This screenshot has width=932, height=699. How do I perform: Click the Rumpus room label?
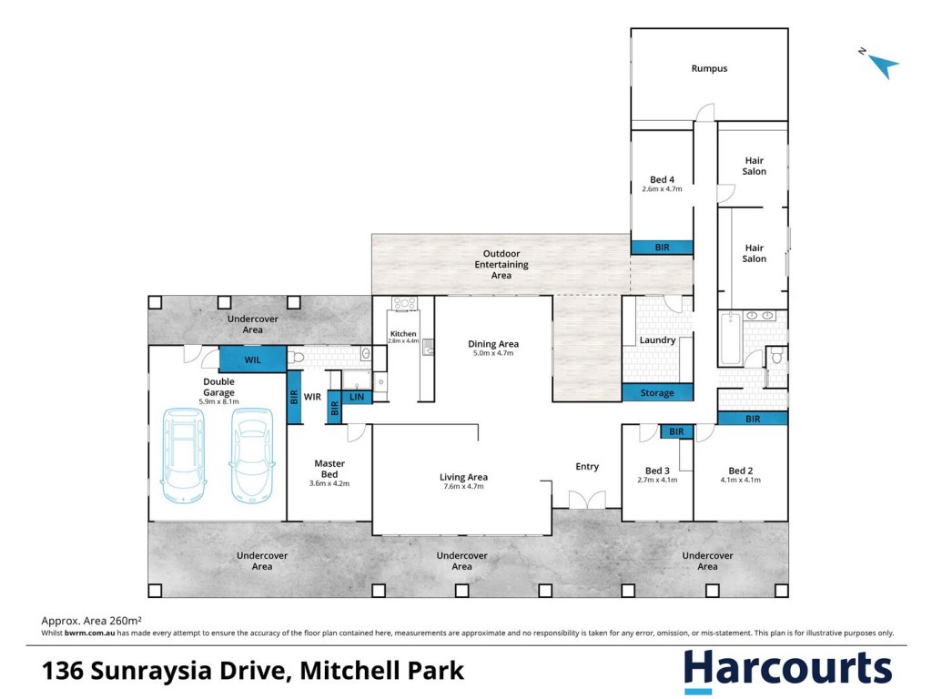tap(709, 68)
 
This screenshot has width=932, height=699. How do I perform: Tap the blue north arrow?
tap(884, 65)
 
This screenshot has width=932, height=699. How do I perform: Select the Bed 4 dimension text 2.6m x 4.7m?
tap(663, 189)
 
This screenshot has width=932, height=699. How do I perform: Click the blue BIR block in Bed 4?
tap(663, 248)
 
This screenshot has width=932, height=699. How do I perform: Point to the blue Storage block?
tap(657, 392)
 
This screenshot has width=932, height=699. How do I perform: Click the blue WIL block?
tap(253, 360)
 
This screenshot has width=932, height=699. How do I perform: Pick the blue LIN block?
tap(357, 397)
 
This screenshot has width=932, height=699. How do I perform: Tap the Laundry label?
tap(657, 340)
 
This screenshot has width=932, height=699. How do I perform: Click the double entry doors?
tap(587, 500)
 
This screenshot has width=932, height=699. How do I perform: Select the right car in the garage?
tap(252, 455)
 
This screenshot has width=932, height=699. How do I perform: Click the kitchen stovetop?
tap(404, 304)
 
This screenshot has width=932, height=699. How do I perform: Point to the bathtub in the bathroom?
tap(730, 339)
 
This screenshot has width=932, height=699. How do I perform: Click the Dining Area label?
tap(493, 343)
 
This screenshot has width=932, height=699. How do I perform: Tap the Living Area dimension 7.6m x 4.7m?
tap(463, 486)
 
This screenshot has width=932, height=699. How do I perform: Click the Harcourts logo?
tap(787, 670)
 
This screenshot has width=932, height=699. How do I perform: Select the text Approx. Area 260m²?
tap(92, 621)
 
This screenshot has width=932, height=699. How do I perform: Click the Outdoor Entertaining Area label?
tap(501, 265)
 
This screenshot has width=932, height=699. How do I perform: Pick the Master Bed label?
tap(329, 469)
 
